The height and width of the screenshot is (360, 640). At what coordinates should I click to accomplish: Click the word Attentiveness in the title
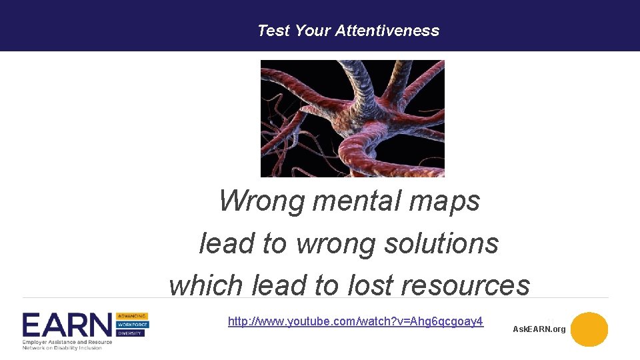tap(387, 31)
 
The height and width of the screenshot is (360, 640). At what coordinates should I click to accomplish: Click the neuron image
tap(352, 119)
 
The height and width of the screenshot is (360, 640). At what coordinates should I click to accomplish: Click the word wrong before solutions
tap(328, 243)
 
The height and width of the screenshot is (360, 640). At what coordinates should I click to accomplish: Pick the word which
tap(207, 285)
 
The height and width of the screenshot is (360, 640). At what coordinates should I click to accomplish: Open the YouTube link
tap(355, 322)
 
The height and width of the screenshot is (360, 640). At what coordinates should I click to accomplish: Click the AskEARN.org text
tap(539, 329)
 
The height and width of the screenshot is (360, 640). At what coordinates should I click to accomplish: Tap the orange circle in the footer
tap(589, 329)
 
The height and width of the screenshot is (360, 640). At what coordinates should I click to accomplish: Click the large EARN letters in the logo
tap(67, 325)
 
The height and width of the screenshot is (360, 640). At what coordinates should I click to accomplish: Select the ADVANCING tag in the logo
tap(132, 316)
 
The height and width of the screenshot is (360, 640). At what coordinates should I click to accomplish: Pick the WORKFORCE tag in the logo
tap(132, 325)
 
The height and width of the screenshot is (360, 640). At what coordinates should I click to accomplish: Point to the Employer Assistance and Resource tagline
tap(67, 341)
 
